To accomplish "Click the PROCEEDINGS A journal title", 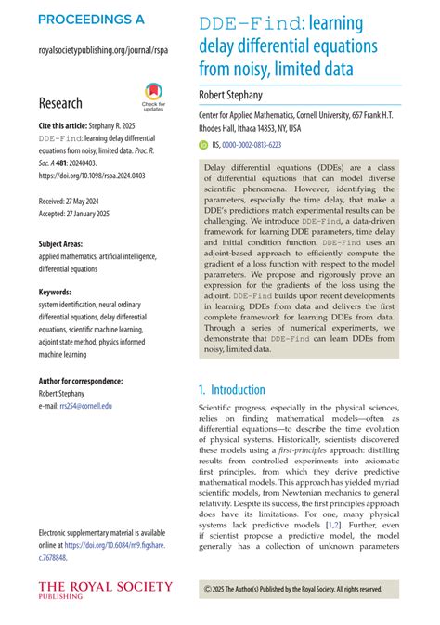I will click(x=91, y=19).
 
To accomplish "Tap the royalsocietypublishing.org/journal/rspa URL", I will click(x=102, y=52).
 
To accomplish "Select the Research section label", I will click(x=60, y=103).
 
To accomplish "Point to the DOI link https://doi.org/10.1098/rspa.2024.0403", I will click(x=93, y=174).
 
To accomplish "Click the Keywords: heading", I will click(x=58, y=292).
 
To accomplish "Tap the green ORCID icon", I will click(x=204, y=145).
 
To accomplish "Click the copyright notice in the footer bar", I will click(x=292, y=589).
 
